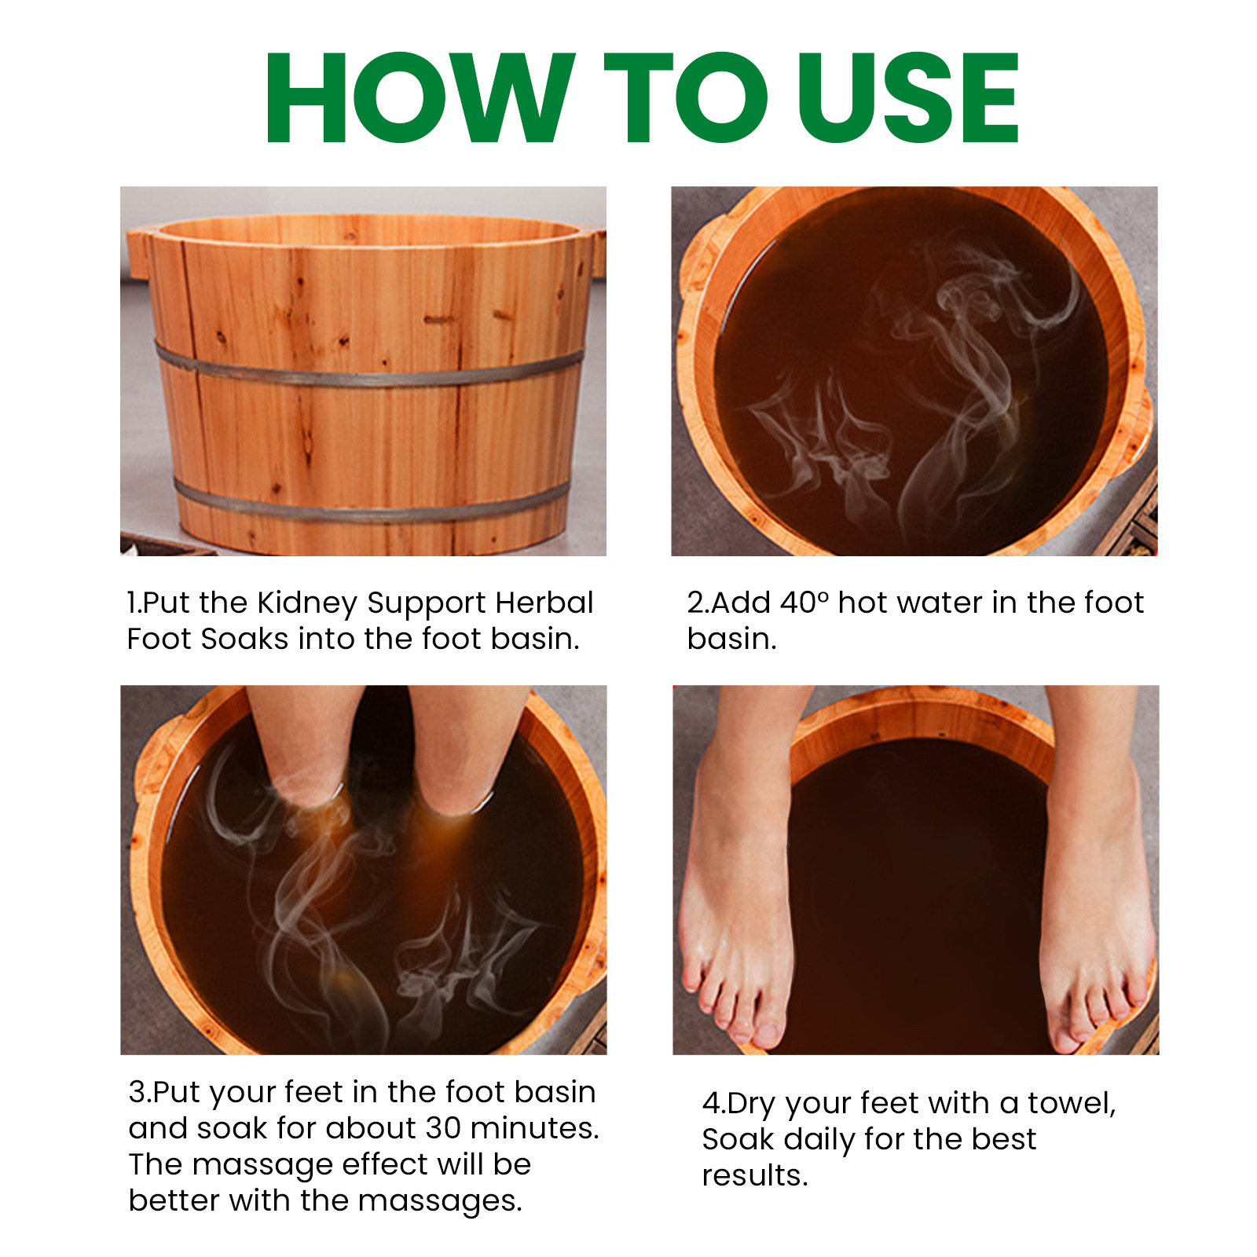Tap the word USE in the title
pyautogui.click(x=907, y=98)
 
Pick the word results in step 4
pyautogui.click(x=754, y=1175)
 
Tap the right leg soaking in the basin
pyautogui.click(x=464, y=746)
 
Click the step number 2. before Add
pyautogui.click(x=697, y=603)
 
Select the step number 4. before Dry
pyautogui.click(x=713, y=1103)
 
